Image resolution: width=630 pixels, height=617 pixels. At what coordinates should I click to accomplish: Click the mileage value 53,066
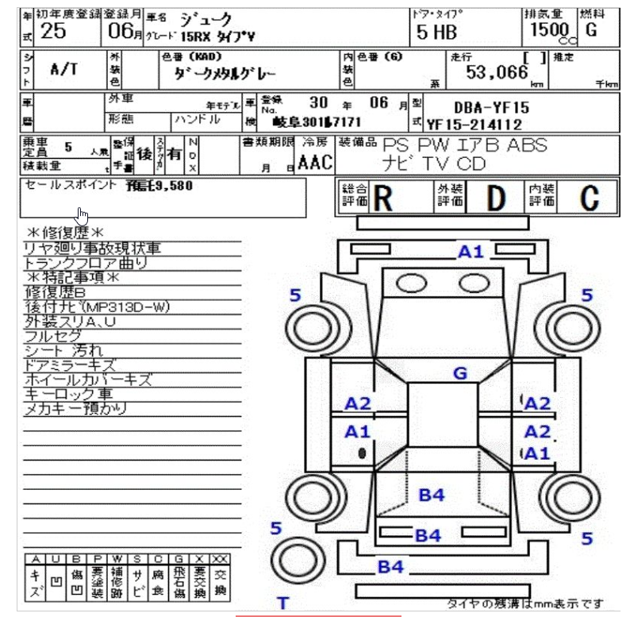click(x=497, y=73)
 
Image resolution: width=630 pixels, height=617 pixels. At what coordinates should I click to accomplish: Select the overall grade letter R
click(x=383, y=199)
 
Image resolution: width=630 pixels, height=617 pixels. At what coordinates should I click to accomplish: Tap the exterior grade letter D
click(x=495, y=199)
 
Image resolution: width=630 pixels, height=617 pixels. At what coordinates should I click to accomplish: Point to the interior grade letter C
click(x=588, y=199)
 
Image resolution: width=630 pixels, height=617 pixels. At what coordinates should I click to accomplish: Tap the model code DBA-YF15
click(x=492, y=107)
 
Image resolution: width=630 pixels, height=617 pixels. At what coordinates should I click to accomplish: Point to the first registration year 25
click(x=53, y=31)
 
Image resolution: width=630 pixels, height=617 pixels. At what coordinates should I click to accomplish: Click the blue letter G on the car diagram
click(x=460, y=372)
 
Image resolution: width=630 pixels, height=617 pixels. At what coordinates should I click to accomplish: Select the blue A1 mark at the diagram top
click(x=471, y=253)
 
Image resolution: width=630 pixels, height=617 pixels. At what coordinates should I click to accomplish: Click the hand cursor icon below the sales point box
click(x=82, y=216)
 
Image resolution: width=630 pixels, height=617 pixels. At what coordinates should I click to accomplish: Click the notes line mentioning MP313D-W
click(x=97, y=307)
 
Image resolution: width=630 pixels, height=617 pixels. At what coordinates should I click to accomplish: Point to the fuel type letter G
click(x=590, y=30)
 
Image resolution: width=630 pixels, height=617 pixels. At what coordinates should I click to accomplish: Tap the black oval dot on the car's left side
click(x=362, y=453)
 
